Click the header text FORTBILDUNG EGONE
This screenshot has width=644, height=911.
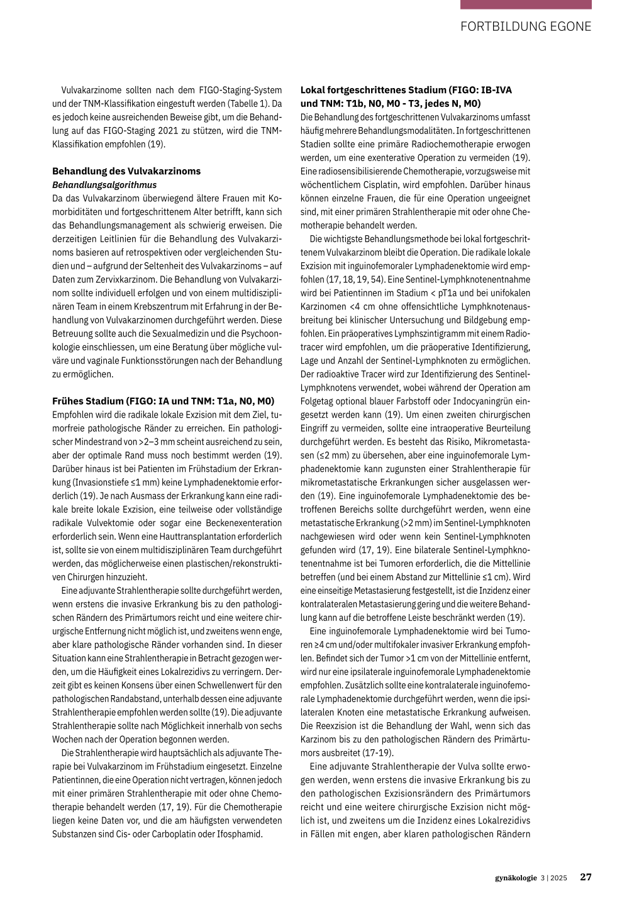(526, 26)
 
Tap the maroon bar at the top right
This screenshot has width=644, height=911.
(526, 4)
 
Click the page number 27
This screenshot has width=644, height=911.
(586, 878)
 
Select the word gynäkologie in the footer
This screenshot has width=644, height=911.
(516, 878)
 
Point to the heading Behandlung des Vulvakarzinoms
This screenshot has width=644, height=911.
(126, 171)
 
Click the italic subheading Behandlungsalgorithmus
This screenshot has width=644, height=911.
(104, 185)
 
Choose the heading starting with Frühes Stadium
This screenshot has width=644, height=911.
(163, 401)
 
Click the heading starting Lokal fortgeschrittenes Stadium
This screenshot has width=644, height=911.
(406, 90)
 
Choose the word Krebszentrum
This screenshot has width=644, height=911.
(158, 306)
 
